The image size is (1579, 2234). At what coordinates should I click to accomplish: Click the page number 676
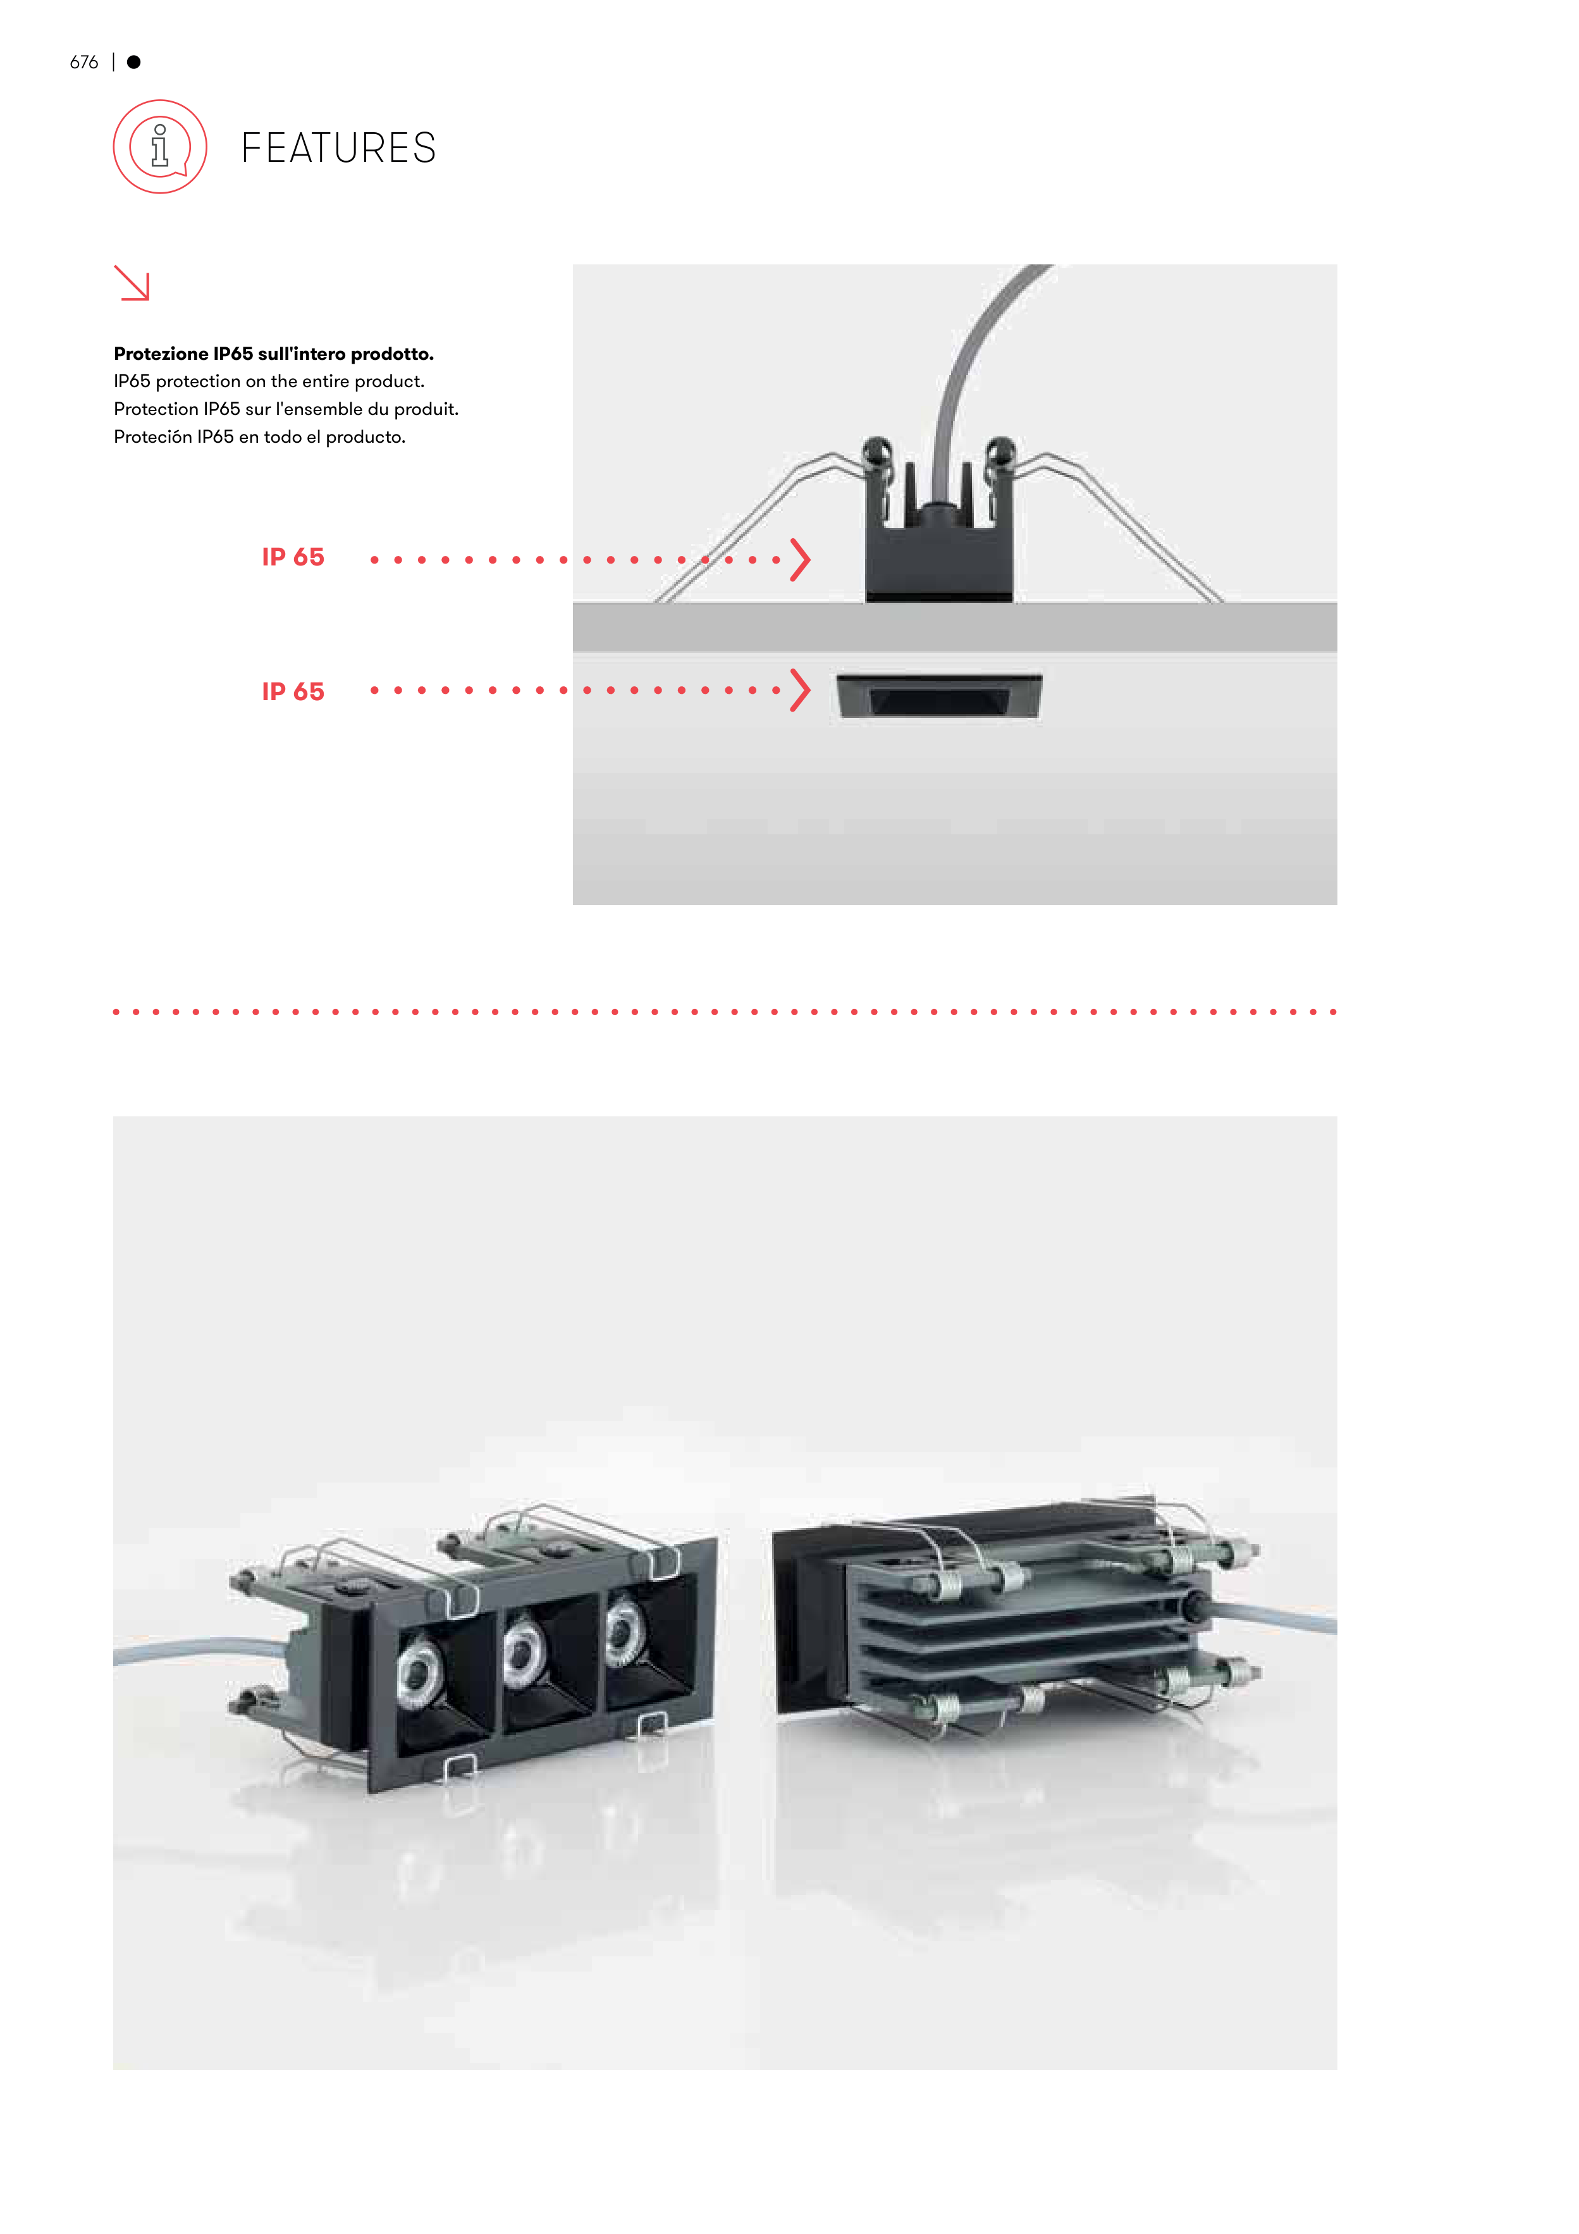(83, 62)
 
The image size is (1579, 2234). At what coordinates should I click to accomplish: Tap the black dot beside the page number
(134, 62)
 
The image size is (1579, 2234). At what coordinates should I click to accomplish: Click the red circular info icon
(161, 147)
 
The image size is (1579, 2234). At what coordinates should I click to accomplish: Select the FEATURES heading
(338, 148)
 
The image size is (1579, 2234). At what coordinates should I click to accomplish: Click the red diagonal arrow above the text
(132, 283)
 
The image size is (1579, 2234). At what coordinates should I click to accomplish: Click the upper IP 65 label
(293, 557)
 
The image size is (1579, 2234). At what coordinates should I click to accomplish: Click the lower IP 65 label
(293, 692)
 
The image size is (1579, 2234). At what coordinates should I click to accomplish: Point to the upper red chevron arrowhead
(800, 560)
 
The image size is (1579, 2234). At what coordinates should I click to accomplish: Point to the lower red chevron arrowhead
(800, 690)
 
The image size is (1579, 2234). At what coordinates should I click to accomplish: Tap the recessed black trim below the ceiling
(939, 696)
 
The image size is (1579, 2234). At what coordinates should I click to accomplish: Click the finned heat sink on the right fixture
(1021, 1634)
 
